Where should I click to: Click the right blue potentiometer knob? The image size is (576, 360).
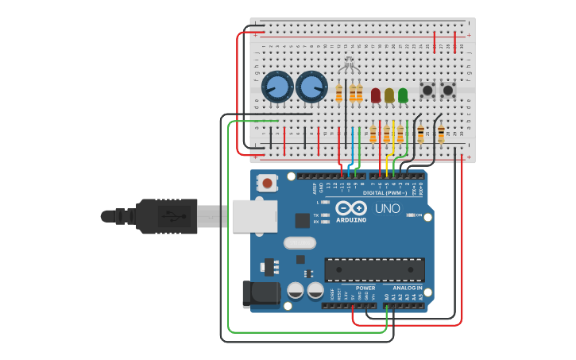(x=311, y=87)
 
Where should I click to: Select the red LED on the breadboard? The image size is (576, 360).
(x=376, y=95)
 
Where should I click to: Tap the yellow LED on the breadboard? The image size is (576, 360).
(x=389, y=95)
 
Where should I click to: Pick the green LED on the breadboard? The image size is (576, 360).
(x=403, y=95)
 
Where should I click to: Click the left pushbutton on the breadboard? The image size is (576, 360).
(x=427, y=90)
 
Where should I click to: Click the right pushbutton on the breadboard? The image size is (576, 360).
(x=448, y=90)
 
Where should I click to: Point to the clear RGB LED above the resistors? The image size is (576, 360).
(x=348, y=68)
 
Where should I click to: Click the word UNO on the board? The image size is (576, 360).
(x=387, y=208)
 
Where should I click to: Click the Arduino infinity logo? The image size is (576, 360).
(x=350, y=207)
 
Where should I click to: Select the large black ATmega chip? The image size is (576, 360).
(x=374, y=269)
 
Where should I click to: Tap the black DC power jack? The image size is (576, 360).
(x=261, y=294)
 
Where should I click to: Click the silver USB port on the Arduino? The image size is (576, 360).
(x=254, y=216)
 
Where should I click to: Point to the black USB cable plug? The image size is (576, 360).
(x=159, y=216)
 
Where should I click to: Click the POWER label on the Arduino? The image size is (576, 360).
(x=365, y=288)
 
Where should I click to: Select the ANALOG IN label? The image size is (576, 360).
(x=408, y=288)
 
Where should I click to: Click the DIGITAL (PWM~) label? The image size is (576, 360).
(x=385, y=192)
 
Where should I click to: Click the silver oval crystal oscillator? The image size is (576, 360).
(x=300, y=243)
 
